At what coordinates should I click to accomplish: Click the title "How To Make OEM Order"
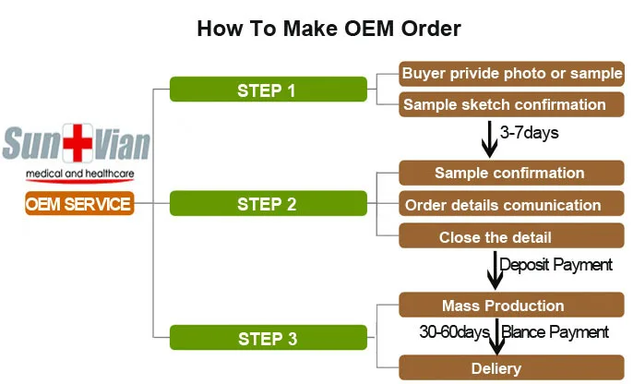tap(328, 28)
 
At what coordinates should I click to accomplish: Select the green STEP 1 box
tap(266, 90)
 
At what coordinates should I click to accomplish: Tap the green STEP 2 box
tap(266, 204)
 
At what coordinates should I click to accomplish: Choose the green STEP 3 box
tap(266, 338)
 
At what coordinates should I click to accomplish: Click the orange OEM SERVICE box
tap(78, 204)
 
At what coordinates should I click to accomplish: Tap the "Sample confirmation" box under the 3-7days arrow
tap(508, 173)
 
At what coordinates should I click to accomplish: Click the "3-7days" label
tap(529, 133)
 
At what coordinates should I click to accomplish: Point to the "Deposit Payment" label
tap(555, 265)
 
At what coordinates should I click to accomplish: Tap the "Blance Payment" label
tap(555, 331)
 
